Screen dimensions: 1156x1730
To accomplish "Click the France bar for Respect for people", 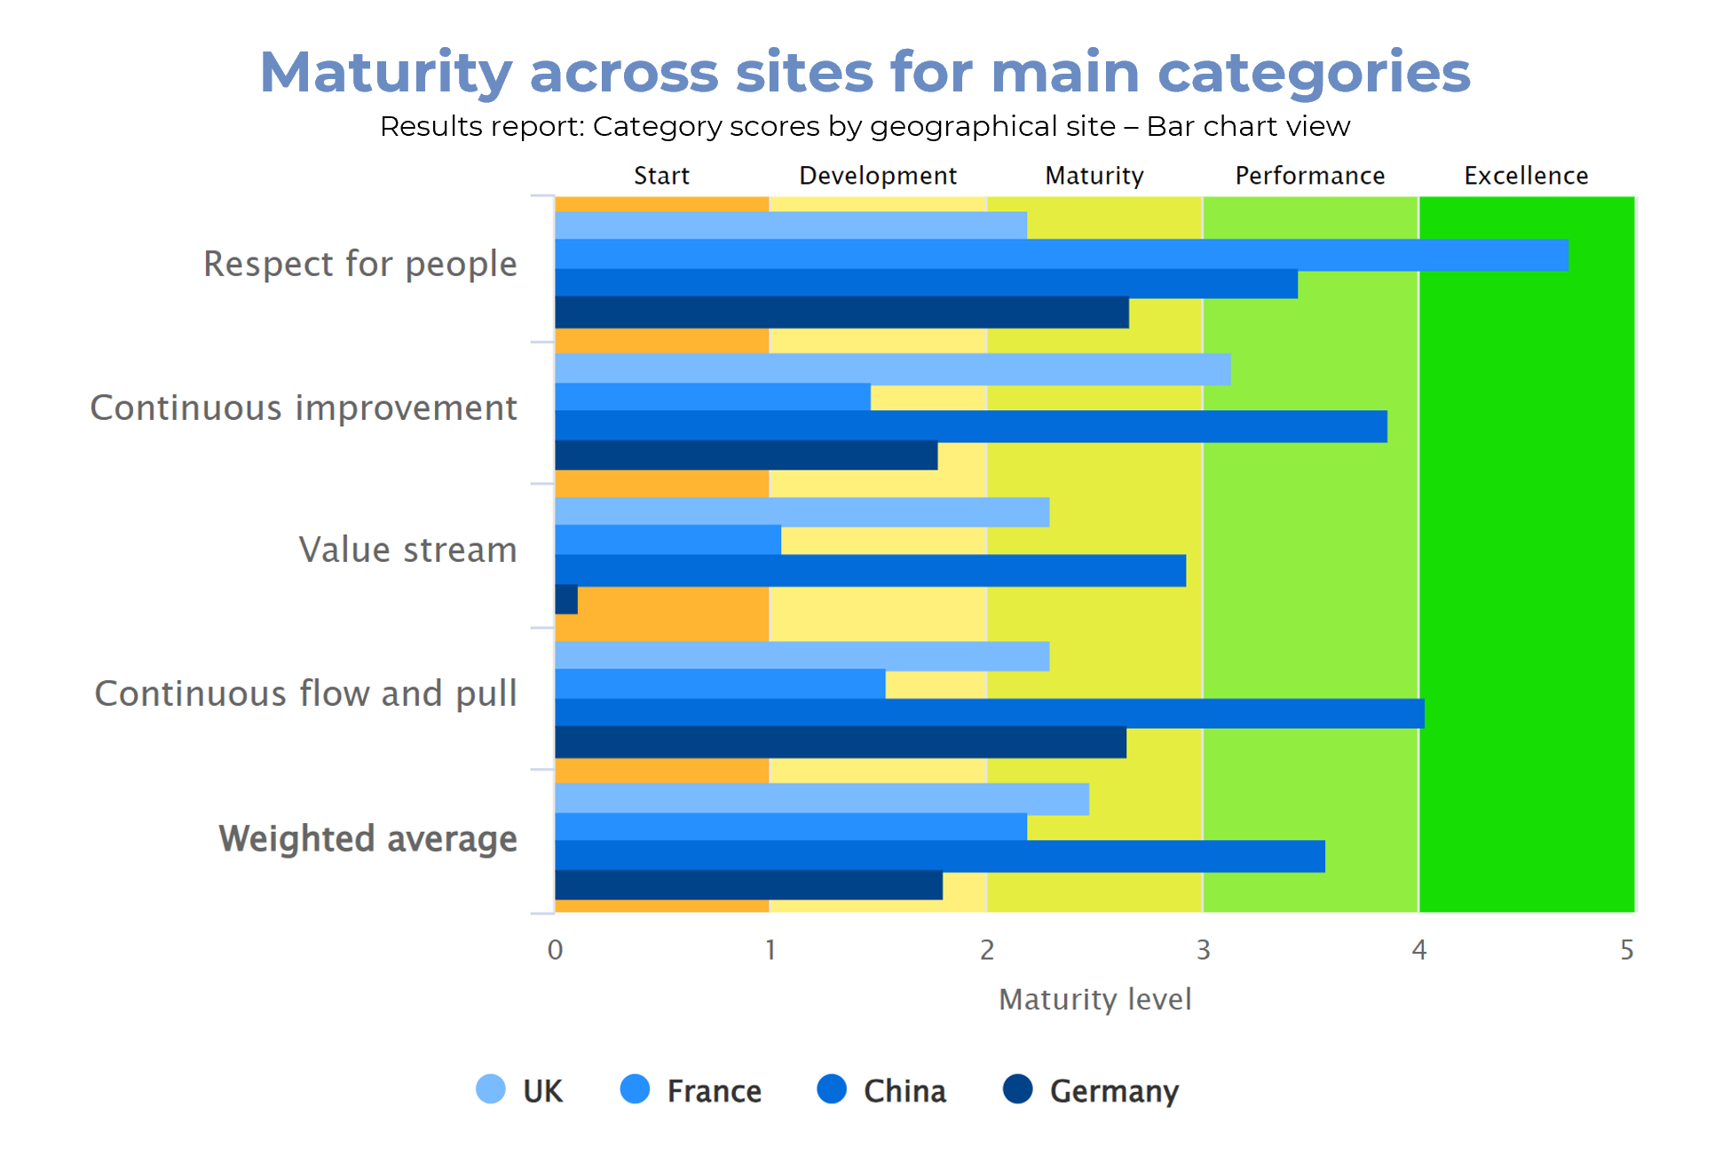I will click(x=1061, y=255).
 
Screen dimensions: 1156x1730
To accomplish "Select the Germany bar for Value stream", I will click(x=566, y=599).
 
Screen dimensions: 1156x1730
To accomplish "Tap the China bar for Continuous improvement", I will click(x=970, y=426).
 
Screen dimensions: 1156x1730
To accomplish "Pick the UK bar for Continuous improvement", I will click(x=892, y=369).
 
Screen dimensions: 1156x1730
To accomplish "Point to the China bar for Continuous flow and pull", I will click(x=989, y=713).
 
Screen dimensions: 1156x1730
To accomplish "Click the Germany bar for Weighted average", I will click(x=748, y=885).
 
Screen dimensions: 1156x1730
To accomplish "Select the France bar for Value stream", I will click(x=668, y=540).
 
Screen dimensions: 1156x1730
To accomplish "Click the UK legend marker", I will click(x=491, y=1089).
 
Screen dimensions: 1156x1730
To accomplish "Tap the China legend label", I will click(x=904, y=1091).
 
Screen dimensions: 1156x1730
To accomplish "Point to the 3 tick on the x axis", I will click(x=1203, y=950).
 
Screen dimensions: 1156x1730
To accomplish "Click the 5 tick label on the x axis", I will click(x=1626, y=950).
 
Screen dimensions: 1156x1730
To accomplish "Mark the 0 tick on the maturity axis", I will click(x=555, y=950).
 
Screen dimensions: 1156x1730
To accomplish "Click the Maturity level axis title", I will click(x=1094, y=1000).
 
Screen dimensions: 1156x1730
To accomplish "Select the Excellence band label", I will click(x=1526, y=176).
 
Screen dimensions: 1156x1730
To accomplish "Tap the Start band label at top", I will click(x=661, y=176).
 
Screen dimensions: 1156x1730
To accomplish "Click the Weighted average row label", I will click(x=367, y=839).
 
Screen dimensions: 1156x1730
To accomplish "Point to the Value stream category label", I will click(x=407, y=550).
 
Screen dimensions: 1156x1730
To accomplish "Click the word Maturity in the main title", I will click(x=386, y=72).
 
